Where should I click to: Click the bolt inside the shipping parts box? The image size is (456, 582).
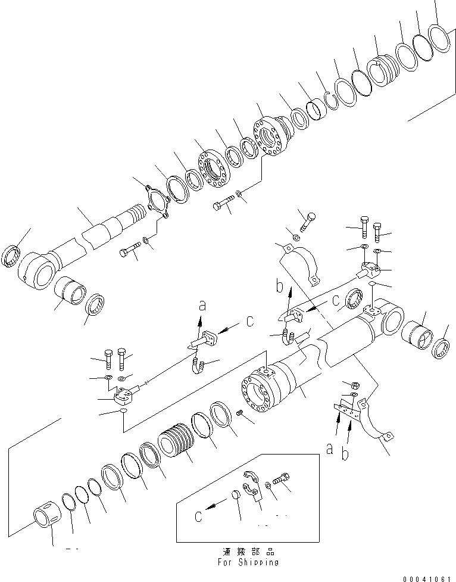[282, 478]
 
